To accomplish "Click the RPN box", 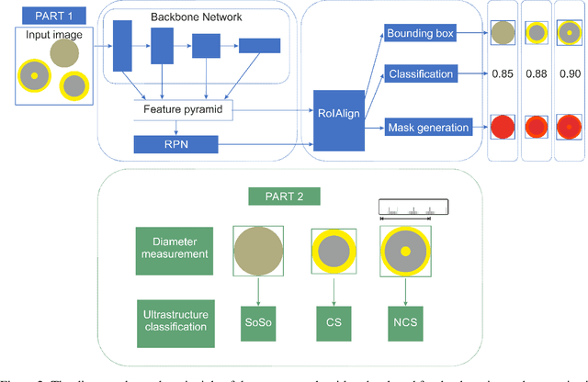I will [175, 144].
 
